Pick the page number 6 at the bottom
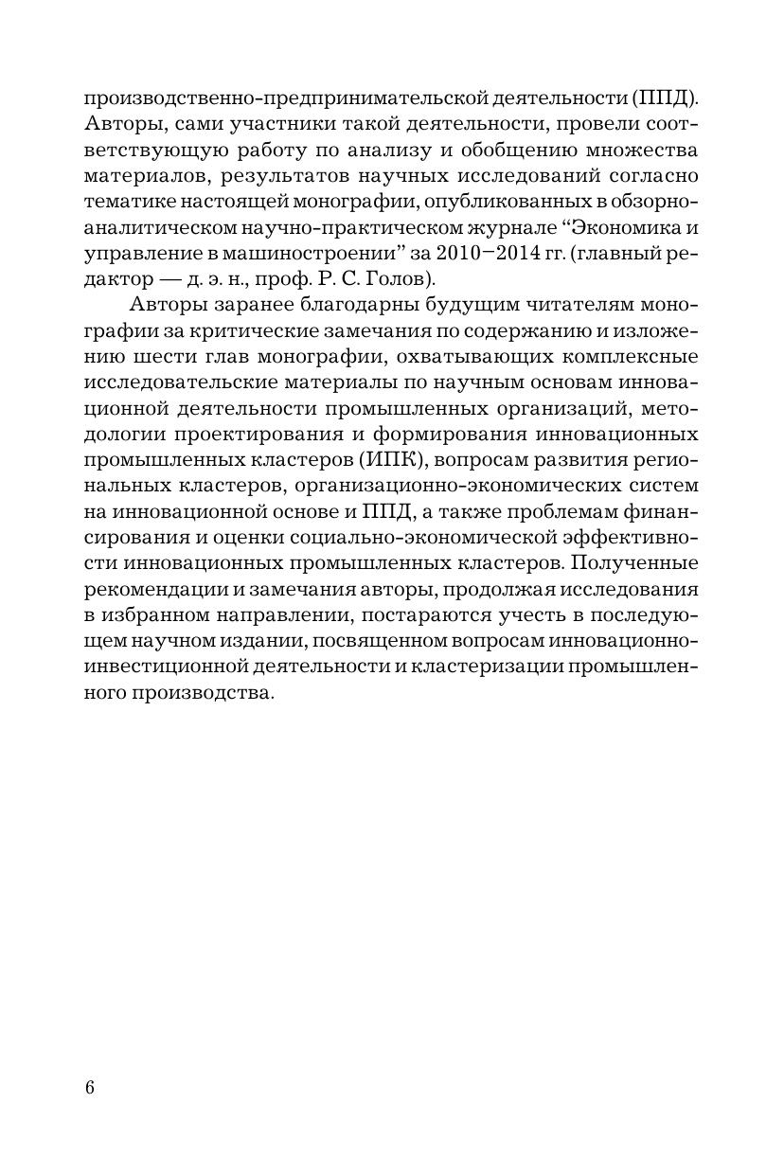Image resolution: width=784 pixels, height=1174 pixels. pyautogui.click(x=90, y=1087)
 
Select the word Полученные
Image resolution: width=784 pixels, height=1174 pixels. pyautogui.click(x=645, y=561)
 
